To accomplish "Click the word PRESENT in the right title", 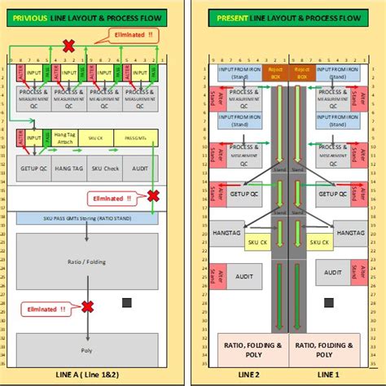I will tap(232, 16).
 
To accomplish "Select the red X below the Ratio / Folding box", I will tap(87, 306).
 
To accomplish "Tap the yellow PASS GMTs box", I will tap(135, 139).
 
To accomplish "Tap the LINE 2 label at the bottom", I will tap(248, 373).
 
